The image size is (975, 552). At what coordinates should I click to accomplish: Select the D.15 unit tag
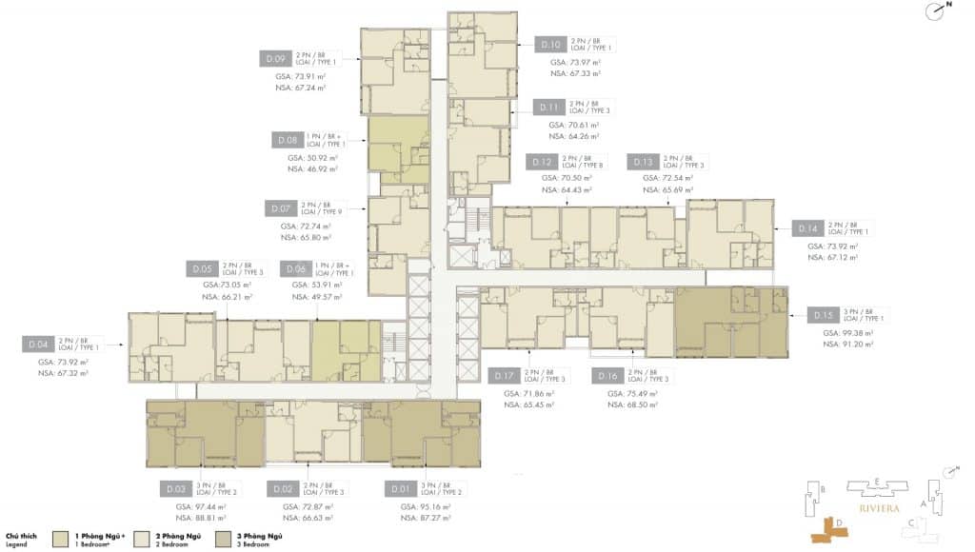coord(823,315)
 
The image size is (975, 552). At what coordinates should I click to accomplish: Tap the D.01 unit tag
coord(400,489)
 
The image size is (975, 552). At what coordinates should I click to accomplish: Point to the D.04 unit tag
coord(38,344)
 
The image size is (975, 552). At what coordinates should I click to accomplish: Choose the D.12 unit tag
coord(542,162)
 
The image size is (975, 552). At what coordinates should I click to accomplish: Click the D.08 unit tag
coord(285,139)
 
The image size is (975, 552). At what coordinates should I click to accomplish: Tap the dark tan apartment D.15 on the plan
coord(731,323)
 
